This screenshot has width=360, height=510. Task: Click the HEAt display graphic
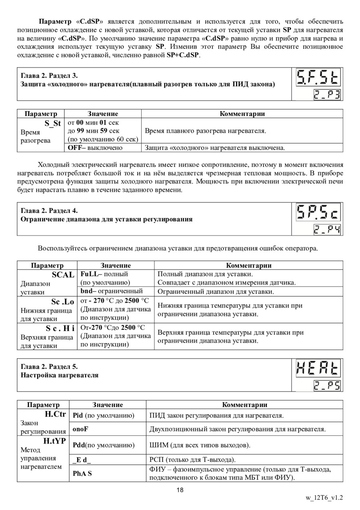(318, 368)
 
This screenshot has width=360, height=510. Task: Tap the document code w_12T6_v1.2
(324, 498)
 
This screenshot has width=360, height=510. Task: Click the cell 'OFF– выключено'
(95, 148)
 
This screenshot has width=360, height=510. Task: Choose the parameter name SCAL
(63, 275)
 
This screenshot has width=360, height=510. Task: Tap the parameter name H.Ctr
(54, 414)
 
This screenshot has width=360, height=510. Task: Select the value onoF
(80, 429)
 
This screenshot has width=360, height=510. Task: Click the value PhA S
(82, 474)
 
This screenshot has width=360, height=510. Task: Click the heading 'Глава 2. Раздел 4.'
(49, 211)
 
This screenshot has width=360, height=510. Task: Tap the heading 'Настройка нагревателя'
(60, 375)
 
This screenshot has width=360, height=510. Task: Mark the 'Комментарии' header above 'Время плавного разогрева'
(242, 114)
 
